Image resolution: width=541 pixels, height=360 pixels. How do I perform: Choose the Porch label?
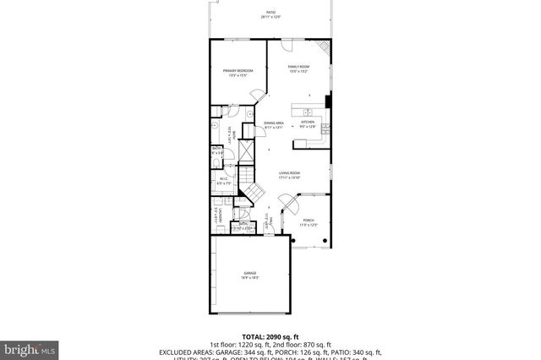click(308, 221)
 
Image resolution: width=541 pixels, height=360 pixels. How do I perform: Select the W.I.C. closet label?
click(224, 181)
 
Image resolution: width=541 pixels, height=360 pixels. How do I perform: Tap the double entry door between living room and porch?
click(287, 203)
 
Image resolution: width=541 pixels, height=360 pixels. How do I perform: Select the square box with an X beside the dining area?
click(248, 150)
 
